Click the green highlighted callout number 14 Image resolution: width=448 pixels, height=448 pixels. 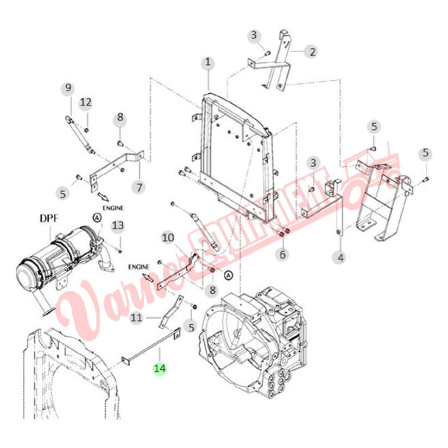point(160,368)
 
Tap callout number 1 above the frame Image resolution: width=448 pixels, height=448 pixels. point(208,62)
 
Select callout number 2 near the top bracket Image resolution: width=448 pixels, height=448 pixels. point(312,52)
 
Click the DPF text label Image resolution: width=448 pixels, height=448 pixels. point(49,219)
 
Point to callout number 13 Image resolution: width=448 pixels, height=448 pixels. point(118,226)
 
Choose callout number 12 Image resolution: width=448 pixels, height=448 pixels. point(86,103)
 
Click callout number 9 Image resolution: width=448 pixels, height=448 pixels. point(68,88)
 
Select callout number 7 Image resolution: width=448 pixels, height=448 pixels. point(139,187)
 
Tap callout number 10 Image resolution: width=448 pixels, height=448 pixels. point(168,237)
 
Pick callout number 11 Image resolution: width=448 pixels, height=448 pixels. point(136,318)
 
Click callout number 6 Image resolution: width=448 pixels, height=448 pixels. point(282,254)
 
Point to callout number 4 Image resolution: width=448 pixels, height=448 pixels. point(340,258)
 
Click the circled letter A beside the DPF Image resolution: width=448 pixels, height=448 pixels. point(97,218)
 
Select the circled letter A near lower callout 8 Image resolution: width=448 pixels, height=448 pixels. point(228,275)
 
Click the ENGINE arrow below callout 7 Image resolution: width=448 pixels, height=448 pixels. point(103,197)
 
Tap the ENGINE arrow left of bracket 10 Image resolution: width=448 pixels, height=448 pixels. point(148,277)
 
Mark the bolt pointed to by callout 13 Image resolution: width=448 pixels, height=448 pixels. point(120,251)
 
